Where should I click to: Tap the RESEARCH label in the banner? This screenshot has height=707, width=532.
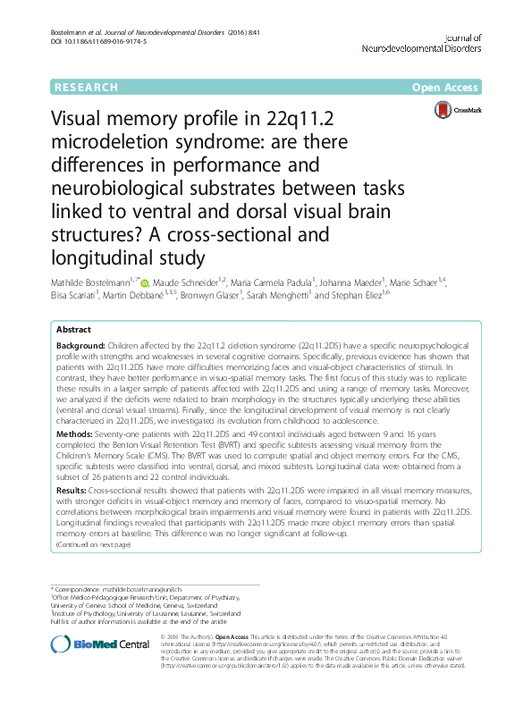tap(86, 88)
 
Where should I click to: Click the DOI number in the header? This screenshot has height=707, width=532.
tap(103, 42)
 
